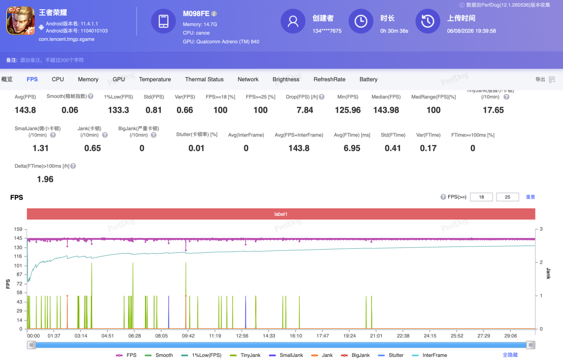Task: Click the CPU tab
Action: click(x=58, y=79)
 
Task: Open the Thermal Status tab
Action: click(x=204, y=79)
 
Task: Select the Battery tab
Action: click(x=368, y=79)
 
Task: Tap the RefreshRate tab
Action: click(x=329, y=79)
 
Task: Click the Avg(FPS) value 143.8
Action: click(x=25, y=110)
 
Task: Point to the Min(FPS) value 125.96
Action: click(x=348, y=110)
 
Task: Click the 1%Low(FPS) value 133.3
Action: click(x=118, y=110)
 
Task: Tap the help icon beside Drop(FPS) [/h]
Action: click(x=321, y=97)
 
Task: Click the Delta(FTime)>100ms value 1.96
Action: click(x=45, y=179)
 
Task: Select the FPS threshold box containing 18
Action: click(x=481, y=197)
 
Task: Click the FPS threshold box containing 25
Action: click(x=508, y=197)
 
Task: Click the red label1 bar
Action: click(x=281, y=214)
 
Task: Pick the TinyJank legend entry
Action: click(x=245, y=355)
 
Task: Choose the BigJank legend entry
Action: click(x=355, y=355)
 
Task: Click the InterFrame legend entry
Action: click(x=430, y=355)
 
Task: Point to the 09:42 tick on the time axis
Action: click(x=188, y=336)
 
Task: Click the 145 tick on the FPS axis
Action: click(x=18, y=238)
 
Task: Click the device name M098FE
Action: click(x=196, y=14)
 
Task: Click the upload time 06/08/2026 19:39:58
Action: click(x=471, y=31)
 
